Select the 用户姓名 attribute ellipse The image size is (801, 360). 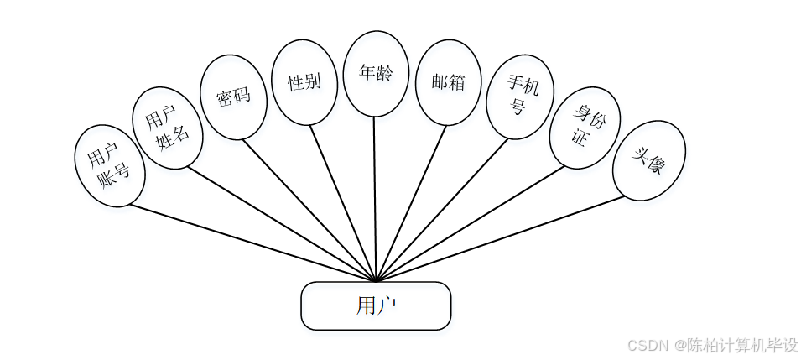click(168, 128)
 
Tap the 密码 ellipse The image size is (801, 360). click(233, 97)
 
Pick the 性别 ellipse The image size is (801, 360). click(304, 82)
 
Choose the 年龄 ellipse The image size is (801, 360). click(376, 74)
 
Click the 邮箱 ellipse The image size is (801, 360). click(449, 82)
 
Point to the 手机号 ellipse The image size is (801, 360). click(520, 97)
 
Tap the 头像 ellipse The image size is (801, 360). click(648, 160)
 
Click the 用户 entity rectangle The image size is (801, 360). click(376, 305)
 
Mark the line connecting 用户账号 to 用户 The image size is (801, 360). click(252, 243)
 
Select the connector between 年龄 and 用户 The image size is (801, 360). click(375, 197)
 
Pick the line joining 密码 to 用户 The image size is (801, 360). click(309, 209)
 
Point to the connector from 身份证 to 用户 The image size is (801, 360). click(470, 223)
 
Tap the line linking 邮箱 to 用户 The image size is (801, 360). click(411, 202)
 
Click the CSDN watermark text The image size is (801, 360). click(712, 345)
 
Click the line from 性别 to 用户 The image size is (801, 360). click(344, 203)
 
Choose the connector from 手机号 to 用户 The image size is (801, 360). click(442, 209)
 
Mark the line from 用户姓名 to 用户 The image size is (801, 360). click(281, 222)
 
